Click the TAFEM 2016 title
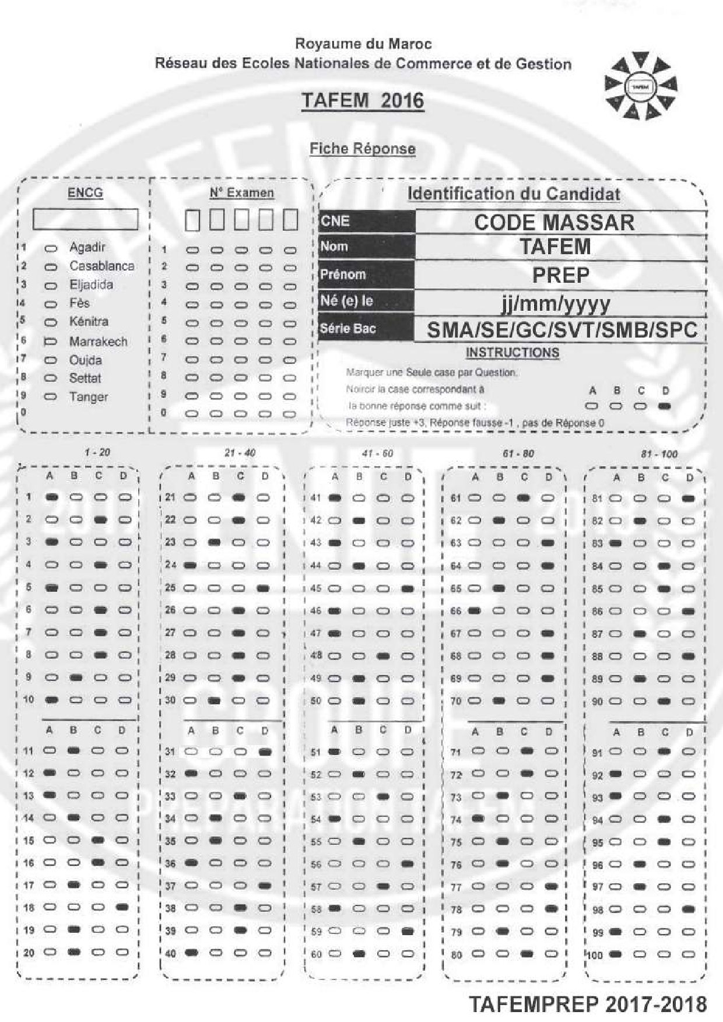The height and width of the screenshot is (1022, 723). pos(362,101)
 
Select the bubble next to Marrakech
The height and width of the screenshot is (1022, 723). pos(51,342)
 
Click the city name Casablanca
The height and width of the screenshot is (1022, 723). pos(101,266)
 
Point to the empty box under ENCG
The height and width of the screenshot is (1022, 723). pos(85,219)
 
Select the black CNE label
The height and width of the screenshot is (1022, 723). pos(367,222)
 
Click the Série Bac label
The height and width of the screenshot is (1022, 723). pos(367,329)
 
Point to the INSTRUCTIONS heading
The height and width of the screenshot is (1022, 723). pos(513,353)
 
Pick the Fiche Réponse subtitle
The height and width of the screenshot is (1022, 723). pos(362,149)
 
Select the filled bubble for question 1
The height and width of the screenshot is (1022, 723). pos(51,497)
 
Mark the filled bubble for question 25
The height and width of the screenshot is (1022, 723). pos(263,588)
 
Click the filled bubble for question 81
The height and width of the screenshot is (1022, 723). pos(689,499)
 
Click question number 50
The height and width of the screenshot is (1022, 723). pos(315,701)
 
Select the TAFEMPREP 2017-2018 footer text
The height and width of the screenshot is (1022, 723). pos(588,1003)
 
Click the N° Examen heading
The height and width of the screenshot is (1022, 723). pos(241,193)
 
